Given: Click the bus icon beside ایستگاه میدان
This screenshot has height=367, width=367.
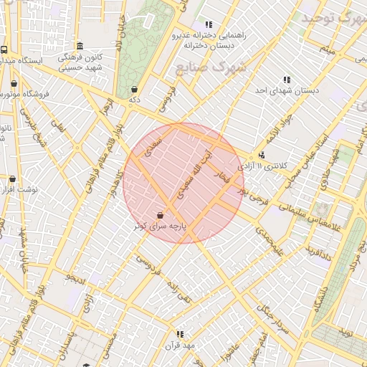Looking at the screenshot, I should (x=4, y=50).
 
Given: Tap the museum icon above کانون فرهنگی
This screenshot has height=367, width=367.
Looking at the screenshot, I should (x=80, y=45).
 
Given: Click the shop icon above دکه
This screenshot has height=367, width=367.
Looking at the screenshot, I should (x=134, y=90).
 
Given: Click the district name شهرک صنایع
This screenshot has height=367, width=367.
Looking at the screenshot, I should (x=209, y=68).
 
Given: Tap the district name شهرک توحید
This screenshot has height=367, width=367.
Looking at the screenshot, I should (x=334, y=18).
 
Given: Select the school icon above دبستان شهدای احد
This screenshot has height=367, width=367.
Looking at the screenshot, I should (x=287, y=80).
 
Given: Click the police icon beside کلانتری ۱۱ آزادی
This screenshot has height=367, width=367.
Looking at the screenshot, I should (x=262, y=155).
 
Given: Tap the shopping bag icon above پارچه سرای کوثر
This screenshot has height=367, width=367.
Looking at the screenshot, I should (x=160, y=214).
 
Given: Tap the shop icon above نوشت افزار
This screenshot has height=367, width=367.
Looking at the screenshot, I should (x=11, y=179).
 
